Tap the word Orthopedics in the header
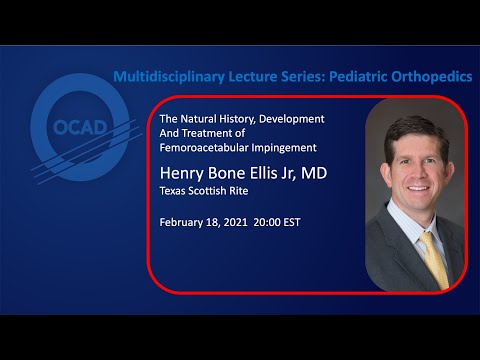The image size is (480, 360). click(x=431, y=76)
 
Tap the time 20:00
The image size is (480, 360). click(x=275, y=222)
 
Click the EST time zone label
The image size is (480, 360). click(x=306, y=222)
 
